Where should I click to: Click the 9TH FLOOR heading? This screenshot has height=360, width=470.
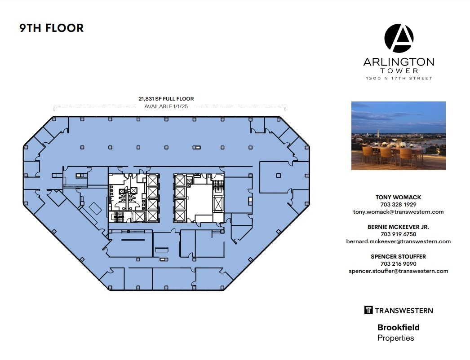point(51,28)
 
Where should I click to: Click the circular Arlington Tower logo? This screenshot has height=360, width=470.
point(399,38)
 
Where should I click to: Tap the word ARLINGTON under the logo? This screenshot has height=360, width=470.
point(399,62)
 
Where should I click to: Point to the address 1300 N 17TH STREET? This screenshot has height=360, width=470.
point(399,79)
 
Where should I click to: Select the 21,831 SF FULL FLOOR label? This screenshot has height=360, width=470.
point(166,99)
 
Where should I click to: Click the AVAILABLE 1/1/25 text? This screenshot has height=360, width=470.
point(166,106)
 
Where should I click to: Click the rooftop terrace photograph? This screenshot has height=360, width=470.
point(398,135)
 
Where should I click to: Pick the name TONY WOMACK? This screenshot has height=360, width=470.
point(398,197)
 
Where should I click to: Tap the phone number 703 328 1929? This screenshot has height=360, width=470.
point(398,204)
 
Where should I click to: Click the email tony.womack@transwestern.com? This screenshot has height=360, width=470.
point(398,212)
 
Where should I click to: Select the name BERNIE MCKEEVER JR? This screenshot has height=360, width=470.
point(398,227)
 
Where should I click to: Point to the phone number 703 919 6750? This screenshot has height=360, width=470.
point(398,234)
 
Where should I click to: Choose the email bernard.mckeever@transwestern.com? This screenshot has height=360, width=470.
point(398,241)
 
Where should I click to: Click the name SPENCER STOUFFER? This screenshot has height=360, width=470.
point(398,256)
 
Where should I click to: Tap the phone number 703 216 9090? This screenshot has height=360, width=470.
point(398,264)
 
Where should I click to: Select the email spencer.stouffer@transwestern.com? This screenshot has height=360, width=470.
point(398,271)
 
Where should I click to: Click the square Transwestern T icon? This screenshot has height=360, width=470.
point(368,310)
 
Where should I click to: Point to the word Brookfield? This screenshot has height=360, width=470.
point(398,328)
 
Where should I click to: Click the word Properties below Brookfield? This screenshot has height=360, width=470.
point(395,338)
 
